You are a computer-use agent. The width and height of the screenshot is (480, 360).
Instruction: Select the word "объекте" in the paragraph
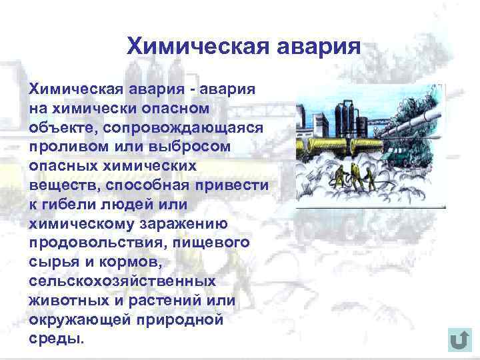55,127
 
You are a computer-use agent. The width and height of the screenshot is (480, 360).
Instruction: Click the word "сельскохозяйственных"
122,281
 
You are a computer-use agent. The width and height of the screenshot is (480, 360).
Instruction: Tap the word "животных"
63,301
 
